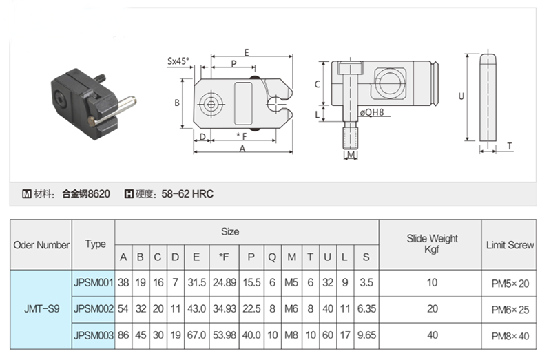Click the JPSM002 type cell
tap(94, 309)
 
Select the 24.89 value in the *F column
tap(225, 283)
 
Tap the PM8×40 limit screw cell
tap(510, 336)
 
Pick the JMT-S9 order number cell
tap(41, 309)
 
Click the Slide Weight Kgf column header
tap(432, 244)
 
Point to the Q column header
tap(272, 257)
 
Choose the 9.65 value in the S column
tap(366, 335)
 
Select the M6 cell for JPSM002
tap(291, 309)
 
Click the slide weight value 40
tap(433, 335)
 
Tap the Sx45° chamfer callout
tap(178, 61)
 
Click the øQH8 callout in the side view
tap(372, 112)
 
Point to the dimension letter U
tap(461, 96)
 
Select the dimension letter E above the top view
tap(247, 52)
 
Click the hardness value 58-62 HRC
tap(187, 194)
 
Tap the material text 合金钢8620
tap(86, 194)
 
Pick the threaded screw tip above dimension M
tap(351, 137)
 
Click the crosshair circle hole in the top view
tap(211, 105)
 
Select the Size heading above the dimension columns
tap(230, 232)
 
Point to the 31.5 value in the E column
tap(196, 283)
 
